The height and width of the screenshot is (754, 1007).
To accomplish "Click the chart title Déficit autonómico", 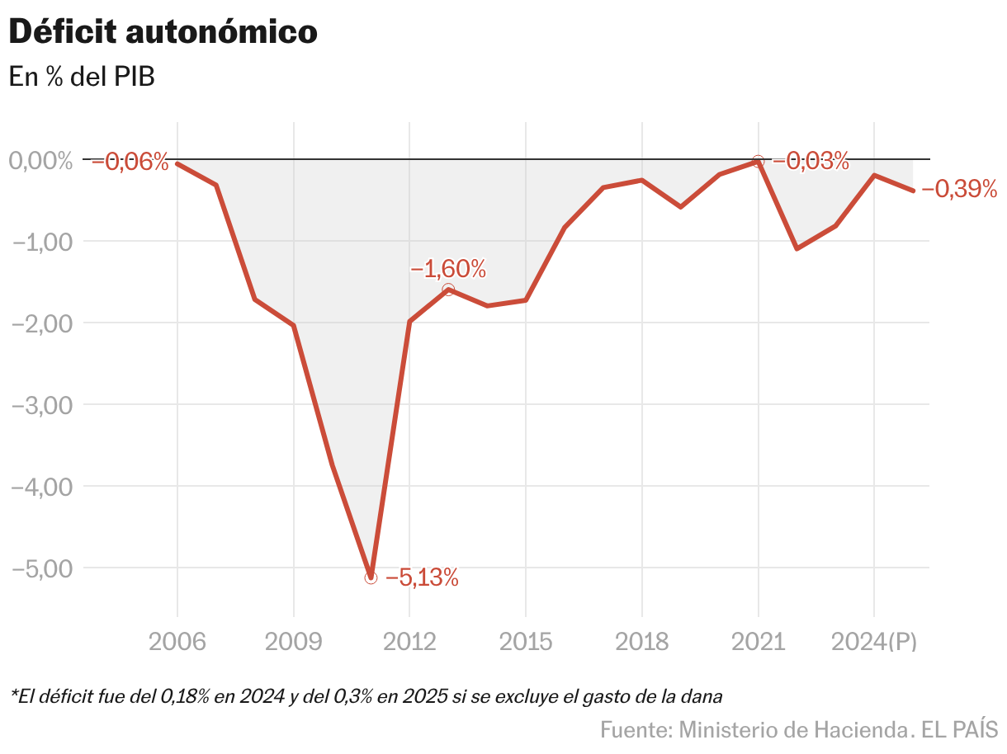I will coord(163,32).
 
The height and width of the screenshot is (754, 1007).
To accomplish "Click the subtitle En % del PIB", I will coord(82,77).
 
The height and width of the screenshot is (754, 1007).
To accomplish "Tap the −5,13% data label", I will coord(421,577).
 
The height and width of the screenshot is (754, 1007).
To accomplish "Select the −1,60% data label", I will coord(447,269).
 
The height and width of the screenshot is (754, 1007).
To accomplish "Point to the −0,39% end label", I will coord(959,190).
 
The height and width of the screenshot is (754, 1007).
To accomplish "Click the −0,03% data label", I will coord(811,161).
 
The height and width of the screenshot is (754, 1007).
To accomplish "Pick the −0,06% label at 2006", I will coord(130,162).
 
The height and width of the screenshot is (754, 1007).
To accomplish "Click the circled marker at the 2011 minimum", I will coord(371,577).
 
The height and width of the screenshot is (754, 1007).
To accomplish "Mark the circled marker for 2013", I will coord(448,290).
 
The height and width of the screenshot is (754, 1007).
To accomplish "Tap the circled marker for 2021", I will coord(759,161).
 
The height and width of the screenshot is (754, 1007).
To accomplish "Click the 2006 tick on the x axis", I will coord(177,642).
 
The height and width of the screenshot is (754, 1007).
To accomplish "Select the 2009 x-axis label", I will coord(293,642).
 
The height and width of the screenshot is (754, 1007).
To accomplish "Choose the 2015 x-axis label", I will coord(526,642).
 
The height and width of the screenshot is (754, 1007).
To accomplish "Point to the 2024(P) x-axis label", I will coord(874,642).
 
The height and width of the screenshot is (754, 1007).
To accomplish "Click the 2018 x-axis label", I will coord(641,642).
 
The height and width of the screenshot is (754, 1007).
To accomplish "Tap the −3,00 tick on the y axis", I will coord(40,405).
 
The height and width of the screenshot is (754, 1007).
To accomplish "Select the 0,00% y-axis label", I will coord(40,160).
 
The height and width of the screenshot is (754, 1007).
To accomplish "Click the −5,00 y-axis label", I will coord(40,568).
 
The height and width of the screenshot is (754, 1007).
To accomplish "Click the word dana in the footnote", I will coord(703,696).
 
